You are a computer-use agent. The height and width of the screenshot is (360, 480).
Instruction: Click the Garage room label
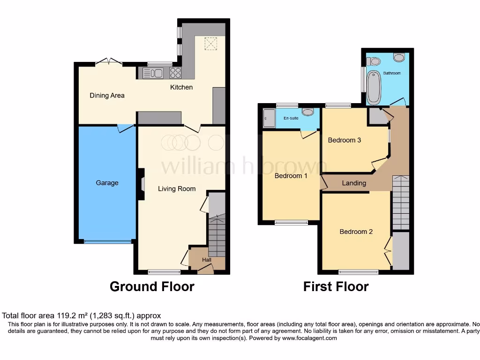107,183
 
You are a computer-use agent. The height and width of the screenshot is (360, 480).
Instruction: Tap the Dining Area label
107,96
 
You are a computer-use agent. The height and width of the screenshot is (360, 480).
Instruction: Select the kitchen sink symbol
153,73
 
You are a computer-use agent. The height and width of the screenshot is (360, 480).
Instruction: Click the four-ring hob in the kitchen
176,73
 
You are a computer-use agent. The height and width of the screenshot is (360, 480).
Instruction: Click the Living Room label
177,189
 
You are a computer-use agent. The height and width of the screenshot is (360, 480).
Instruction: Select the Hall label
207,260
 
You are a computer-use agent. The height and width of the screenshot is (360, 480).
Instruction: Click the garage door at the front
107,242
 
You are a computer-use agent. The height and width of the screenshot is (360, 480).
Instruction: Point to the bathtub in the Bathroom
374,87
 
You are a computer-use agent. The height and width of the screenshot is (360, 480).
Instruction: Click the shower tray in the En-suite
269,118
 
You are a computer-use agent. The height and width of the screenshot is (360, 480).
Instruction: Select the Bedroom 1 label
291,176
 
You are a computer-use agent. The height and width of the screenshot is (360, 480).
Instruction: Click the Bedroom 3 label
344,140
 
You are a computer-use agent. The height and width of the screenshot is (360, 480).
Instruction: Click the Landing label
354,183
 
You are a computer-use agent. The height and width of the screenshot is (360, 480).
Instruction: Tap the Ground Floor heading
152,286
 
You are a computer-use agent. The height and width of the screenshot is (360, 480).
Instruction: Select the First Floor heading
336,286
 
